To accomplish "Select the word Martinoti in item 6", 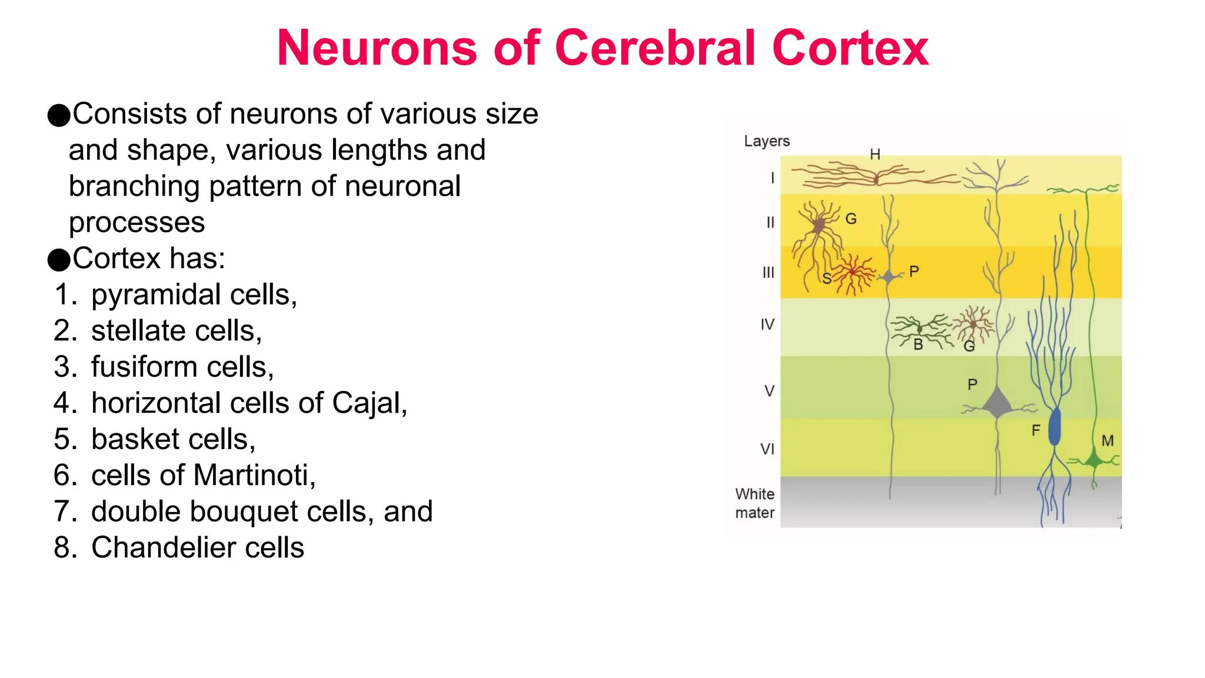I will [x=254, y=476].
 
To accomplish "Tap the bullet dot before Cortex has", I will [x=58, y=260].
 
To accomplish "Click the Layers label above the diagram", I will [x=766, y=141].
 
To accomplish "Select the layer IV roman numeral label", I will [x=767, y=324].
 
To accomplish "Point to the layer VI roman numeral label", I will [x=767, y=449].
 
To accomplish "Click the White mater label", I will [x=754, y=503].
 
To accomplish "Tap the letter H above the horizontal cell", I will [x=875, y=154].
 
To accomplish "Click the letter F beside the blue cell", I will [x=1036, y=431].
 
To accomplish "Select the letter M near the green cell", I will [x=1107, y=441].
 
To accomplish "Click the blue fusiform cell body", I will [x=1054, y=427].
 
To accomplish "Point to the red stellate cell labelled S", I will [x=851, y=272].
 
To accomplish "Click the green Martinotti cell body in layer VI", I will [x=1094, y=460].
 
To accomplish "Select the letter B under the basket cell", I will [x=918, y=345].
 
